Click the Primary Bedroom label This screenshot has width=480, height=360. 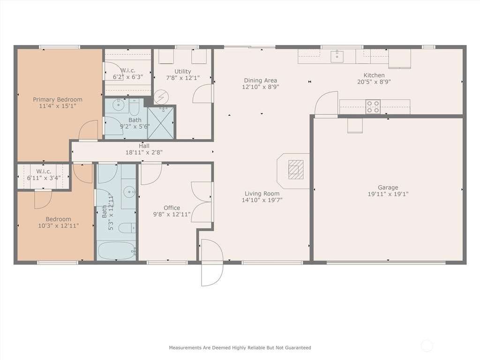(58, 99)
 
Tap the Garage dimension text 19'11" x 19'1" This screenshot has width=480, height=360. (388, 194)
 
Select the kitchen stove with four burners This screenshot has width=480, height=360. (373, 106)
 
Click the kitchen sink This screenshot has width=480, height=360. (337, 56)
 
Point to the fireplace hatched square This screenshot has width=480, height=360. (296, 169)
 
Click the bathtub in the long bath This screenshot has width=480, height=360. (117, 250)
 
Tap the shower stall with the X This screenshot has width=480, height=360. (161, 123)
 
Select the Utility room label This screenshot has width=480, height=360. (183, 71)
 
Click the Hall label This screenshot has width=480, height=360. (144, 146)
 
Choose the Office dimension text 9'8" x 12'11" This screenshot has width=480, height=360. (172, 214)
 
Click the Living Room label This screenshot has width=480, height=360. (262, 194)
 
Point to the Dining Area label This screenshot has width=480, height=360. (261, 81)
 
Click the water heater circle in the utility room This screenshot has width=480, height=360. (161, 97)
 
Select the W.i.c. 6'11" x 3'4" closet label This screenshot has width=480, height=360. (44, 174)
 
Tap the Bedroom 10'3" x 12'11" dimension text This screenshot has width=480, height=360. (59, 226)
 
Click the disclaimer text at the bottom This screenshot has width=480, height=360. (240, 348)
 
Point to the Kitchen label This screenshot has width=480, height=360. (374, 75)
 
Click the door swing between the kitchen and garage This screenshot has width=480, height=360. (326, 104)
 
